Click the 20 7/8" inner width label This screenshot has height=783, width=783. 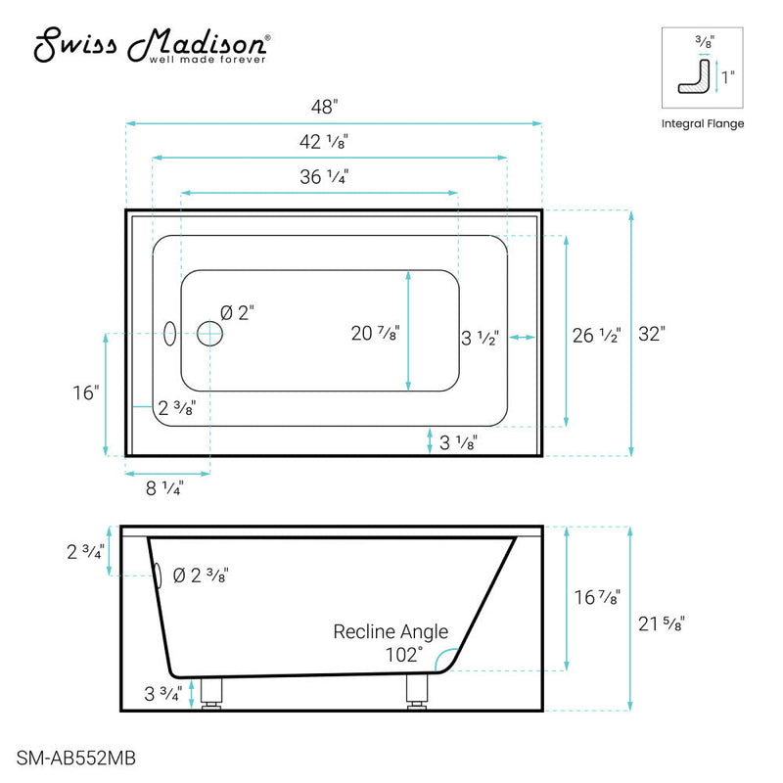tap(375, 333)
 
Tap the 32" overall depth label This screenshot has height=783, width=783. tap(651, 334)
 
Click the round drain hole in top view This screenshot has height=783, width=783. tap(209, 335)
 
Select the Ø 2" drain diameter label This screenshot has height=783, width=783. tap(238, 313)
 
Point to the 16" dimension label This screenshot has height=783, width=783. tap(85, 392)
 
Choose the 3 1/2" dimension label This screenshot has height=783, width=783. tap(481, 340)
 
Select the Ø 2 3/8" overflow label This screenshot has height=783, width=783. tap(202, 575)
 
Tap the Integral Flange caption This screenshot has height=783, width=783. tap(703, 123)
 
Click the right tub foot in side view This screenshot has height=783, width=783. tap(416, 693)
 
